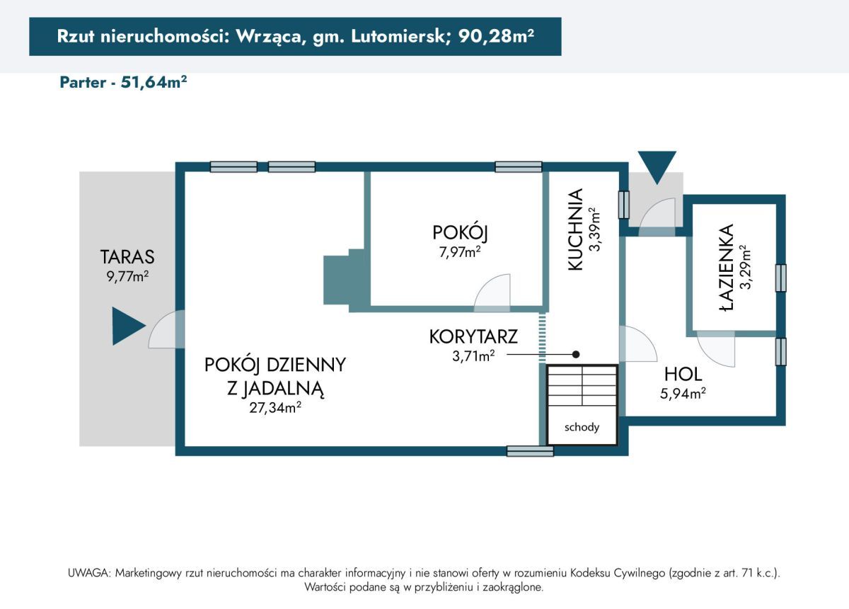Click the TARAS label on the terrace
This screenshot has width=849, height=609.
point(127,256)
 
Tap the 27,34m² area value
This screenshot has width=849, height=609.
point(274,407)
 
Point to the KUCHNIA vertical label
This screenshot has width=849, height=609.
point(576,229)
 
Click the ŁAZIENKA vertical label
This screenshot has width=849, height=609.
point(725,267)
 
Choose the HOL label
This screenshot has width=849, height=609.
point(683,374)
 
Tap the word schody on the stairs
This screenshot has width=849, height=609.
point(582,427)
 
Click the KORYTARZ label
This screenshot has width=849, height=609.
point(473,336)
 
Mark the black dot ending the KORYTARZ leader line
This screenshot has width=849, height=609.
point(576,354)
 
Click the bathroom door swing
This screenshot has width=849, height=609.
point(716,348)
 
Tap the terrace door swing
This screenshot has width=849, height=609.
point(167,331)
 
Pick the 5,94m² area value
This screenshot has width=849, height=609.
point(683,394)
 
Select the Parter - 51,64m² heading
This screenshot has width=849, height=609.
point(123,82)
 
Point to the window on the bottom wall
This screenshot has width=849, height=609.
point(530,451)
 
